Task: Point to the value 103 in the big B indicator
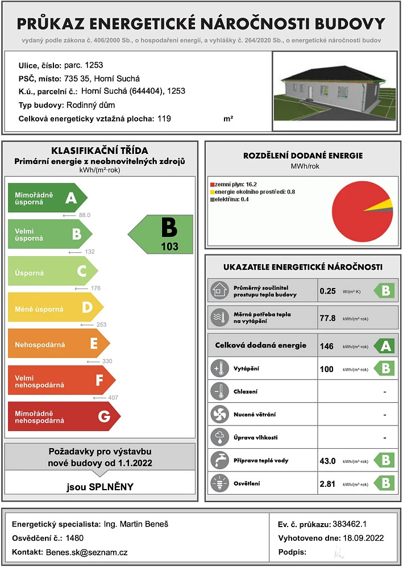[x=169, y=247]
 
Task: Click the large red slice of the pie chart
[x=358, y=216]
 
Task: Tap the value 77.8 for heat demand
[x=328, y=318]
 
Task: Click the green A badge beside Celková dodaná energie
[x=384, y=345]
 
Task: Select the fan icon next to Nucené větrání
[x=218, y=414]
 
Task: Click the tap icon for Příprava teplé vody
[x=218, y=460]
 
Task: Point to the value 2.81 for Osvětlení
[x=328, y=483]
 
